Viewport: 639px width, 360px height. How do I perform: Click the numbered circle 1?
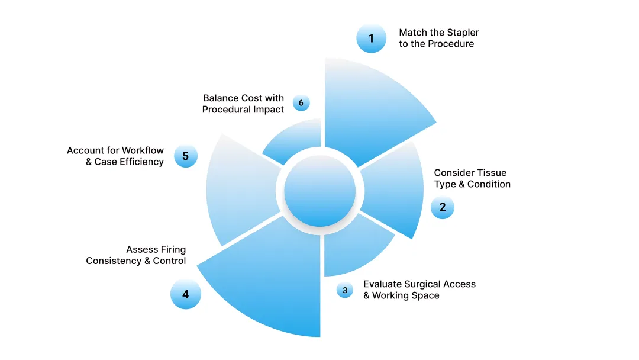click(x=371, y=38)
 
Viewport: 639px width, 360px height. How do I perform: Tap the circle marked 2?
click(x=442, y=207)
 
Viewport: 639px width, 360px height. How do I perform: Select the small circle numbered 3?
click(x=345, y=290)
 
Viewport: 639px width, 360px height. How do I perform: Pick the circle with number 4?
click(x=185, y=294)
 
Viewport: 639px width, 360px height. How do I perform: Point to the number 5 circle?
click(x=185, y=156)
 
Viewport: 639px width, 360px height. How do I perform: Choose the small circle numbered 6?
click(x=301, y=103)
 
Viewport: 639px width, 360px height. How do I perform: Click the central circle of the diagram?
click(x=319, y=191)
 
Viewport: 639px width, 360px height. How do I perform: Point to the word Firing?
click(x=173, y=249)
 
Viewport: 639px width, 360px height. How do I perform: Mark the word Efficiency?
click(x=140, y=162)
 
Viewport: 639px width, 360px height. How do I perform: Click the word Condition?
click(x=489, y=184)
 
